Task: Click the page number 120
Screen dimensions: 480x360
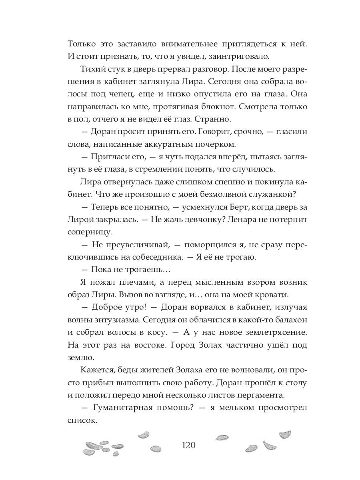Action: pyautogui.click(x=188, y=446)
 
